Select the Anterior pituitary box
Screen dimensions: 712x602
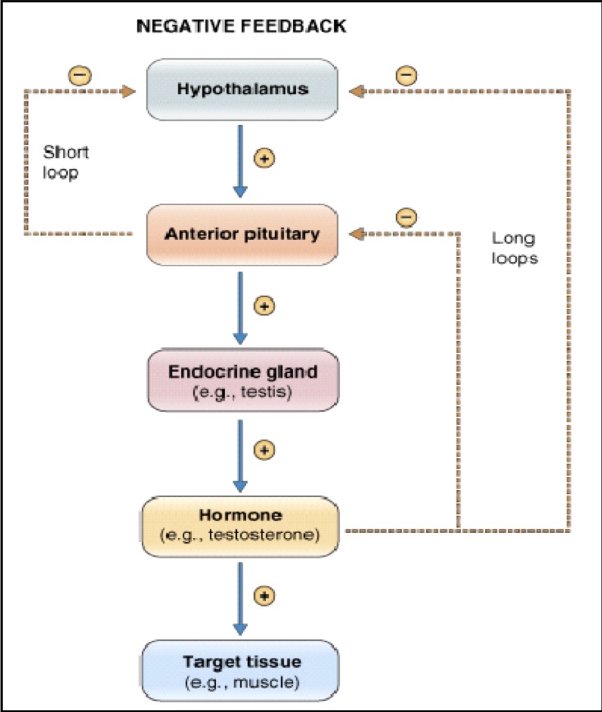tap(242, 234)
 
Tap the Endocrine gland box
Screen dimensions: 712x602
tap(242, 380)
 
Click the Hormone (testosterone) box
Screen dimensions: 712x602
tap(242, 526)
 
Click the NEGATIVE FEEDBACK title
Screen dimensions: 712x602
tap(242, 27)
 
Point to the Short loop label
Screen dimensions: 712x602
tap(66, 162)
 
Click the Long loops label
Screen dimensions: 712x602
tap(513, 248)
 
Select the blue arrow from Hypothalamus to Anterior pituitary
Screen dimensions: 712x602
tap(240, 159)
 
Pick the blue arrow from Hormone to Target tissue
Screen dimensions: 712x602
tap(240, 597)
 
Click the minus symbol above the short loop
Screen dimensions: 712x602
tap(80, 75)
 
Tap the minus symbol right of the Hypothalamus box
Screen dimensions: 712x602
tap(406, 75)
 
